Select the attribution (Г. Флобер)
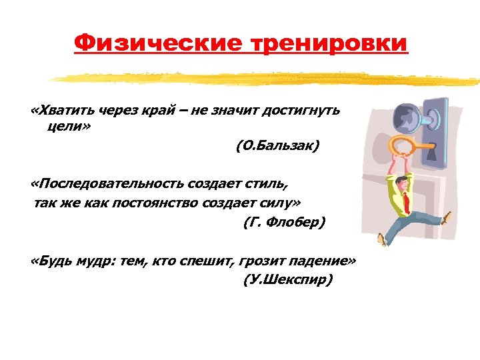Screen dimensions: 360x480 click(x=283, y=223)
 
